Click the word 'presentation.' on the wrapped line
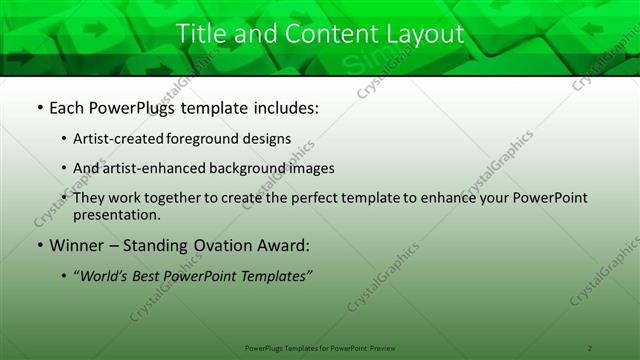(x=117, y=214)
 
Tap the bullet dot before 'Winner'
(x=38, y=245)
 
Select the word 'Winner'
(x=76, y=245)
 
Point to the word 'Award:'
(x=287, y=245)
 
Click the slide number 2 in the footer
(x=590, y=347)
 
